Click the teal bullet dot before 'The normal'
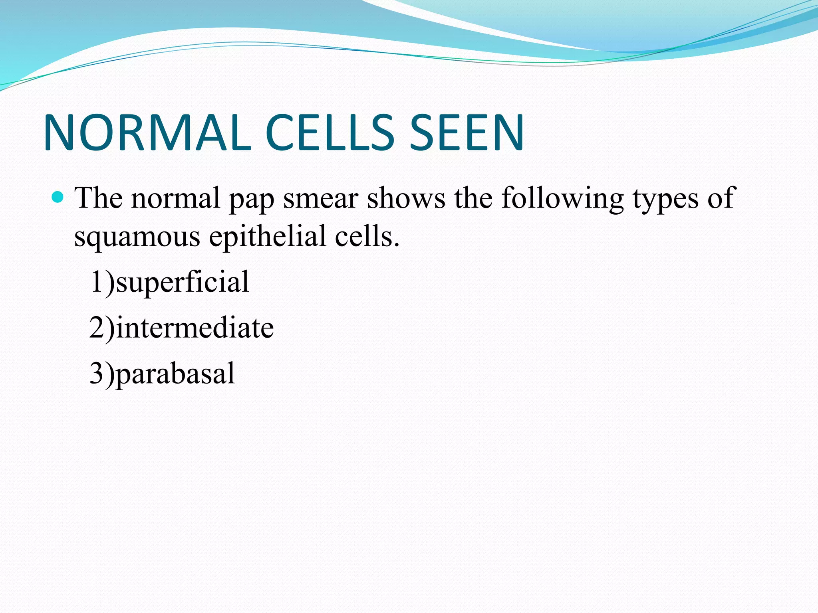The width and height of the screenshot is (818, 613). [x=58, y=197]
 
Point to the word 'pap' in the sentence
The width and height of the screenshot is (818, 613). [x=251, y=200]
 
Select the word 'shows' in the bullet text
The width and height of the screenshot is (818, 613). [x=406, y=198]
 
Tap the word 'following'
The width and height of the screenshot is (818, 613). [x=562, y=199]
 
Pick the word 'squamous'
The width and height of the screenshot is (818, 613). [x=137, y=238]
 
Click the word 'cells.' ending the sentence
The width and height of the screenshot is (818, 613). [x=367, y=236]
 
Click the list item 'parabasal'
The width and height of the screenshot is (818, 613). [x=175, y=374]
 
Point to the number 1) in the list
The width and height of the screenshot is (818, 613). [x=102, y=282]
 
